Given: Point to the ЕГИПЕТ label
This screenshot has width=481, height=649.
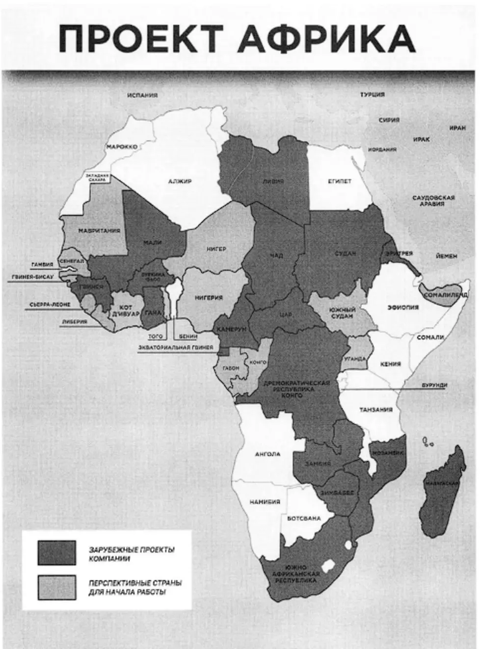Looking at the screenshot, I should [340, 182].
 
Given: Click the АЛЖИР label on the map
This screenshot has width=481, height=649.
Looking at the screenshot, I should [180, 182].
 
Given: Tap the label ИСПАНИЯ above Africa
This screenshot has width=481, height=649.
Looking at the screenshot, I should [142, 95].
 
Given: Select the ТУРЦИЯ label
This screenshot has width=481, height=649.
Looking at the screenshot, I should [373, 94].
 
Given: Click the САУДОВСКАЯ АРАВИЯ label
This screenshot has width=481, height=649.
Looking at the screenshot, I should [433, 201].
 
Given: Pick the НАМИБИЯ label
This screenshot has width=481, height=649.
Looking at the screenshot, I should [265, 502].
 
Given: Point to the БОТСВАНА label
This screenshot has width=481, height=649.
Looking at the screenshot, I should [304, 518].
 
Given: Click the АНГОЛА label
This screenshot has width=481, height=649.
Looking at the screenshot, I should [267, 454].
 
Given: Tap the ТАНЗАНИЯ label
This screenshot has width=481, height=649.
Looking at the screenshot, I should [376, 410].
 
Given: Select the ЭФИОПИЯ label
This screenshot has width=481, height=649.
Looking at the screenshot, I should [403, 308].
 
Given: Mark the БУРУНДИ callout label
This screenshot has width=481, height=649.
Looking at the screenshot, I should [434, 386].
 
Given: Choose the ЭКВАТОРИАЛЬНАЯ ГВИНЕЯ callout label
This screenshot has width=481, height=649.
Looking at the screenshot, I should [176, 348].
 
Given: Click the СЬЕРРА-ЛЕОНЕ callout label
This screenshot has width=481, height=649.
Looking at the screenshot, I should [50, 305].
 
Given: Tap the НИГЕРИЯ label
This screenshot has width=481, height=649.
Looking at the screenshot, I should [209, 298].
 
